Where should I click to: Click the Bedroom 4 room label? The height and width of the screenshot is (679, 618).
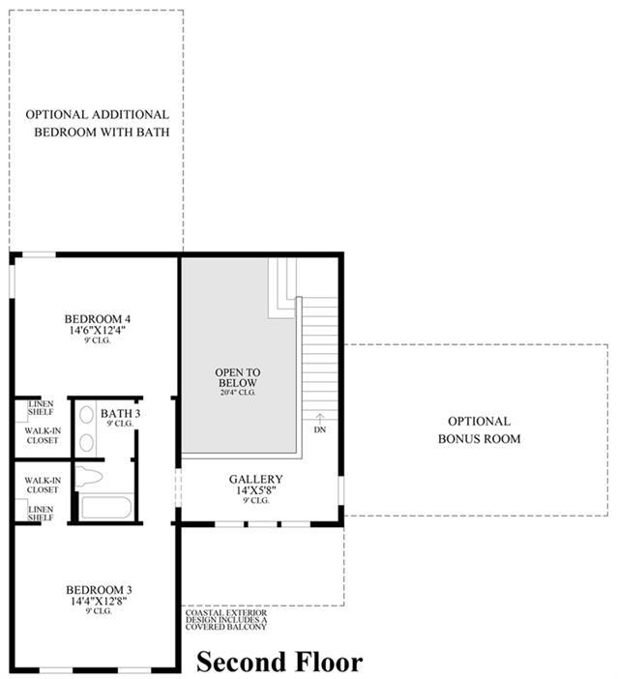tap(98, 319)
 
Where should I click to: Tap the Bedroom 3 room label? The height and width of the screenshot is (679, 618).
tap(99, 590)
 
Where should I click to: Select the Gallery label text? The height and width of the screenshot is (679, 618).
tap(256, 479)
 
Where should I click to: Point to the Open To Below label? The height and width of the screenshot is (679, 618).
tap(238, 377)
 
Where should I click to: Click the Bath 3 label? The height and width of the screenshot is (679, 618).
tap(120, 414)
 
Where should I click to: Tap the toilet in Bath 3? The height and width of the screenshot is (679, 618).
tap(89, 477)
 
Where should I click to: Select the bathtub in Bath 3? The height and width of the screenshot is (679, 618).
tap(106, 508)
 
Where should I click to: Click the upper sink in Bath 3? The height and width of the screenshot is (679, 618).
tap(87, 414)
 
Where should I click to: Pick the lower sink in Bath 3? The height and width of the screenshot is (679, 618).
tap(87, 443)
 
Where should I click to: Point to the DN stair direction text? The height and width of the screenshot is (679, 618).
tap(320, 429)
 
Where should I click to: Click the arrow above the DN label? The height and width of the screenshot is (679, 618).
tap(319, 418)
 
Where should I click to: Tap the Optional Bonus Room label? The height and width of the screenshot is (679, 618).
tap(480, 430)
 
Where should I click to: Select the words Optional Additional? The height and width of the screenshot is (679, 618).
tap(98, 115)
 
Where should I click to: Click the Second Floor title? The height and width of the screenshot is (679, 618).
tap(280, 663)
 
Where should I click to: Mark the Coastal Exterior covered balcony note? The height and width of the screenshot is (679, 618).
tap(226, 620)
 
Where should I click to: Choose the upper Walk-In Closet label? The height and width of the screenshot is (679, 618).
tap(43, 435)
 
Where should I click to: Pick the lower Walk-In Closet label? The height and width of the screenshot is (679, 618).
tap(43, 485)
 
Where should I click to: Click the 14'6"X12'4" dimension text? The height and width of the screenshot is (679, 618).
tap(98, 330)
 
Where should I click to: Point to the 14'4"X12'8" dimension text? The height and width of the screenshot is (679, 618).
tap(99, 601)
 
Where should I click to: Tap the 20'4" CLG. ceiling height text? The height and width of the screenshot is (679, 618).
tap(238, 393)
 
